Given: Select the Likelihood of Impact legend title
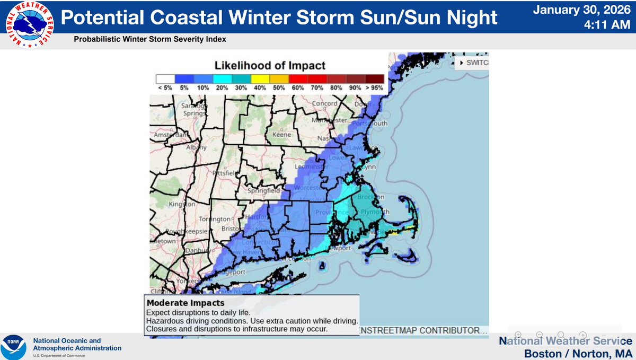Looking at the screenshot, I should pos(270,66).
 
